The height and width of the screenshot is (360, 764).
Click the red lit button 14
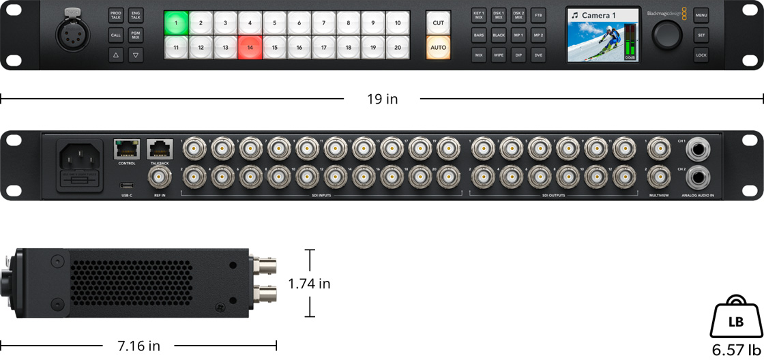pyautogui.click(x=250, y=48)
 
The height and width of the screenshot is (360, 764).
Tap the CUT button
pyautogui.click(x=439, y=22)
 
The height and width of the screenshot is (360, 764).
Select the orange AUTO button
pyautogui.click(x=439, y=48)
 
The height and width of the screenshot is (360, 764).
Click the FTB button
pyautogui.click(x=538, y=14)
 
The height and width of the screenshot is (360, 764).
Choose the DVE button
pyautogui.click(x=538, y=55)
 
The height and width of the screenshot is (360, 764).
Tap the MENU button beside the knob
pyautogui.click(x=701, y=14)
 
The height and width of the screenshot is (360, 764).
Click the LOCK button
pyautogui.click(x=701, y=55)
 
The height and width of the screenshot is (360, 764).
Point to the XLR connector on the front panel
pyautogui.click(x=72, y=34)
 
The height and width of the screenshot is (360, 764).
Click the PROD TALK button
pyautogui.click(x=116, y=14)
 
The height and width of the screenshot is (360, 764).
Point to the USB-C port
pyautogui.click(x=126, y=185)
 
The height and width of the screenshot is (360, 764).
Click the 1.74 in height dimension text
pyautogui.click(x=309, y=284)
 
